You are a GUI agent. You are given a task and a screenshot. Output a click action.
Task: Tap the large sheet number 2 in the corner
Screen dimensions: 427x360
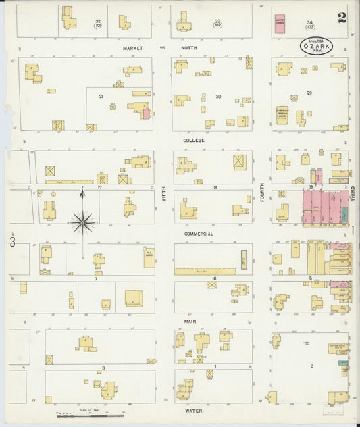point(342,18)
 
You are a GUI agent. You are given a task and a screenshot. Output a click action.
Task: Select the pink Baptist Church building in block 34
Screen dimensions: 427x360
point(280,24)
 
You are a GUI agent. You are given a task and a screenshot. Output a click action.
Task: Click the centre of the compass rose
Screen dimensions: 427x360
point(82,221)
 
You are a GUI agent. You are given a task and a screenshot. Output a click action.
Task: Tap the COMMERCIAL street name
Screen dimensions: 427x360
point(199,234)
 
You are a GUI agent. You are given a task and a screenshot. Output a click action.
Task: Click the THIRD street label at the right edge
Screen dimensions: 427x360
point(354,200)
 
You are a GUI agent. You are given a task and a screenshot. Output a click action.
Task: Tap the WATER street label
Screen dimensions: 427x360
point(195,409)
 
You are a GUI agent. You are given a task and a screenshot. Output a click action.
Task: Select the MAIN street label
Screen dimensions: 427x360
point(190,322)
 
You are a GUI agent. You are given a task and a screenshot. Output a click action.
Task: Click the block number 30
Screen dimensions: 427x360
point(217,97)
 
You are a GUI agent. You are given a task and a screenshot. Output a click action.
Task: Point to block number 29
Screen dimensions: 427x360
point(309,92)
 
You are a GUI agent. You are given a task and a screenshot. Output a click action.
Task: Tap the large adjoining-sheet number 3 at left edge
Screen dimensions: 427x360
point(11,241)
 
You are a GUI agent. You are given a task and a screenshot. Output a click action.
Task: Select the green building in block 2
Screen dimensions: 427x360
point(344,371)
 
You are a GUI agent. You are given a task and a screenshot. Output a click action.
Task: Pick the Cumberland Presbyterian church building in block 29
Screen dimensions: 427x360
point(282,115)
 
